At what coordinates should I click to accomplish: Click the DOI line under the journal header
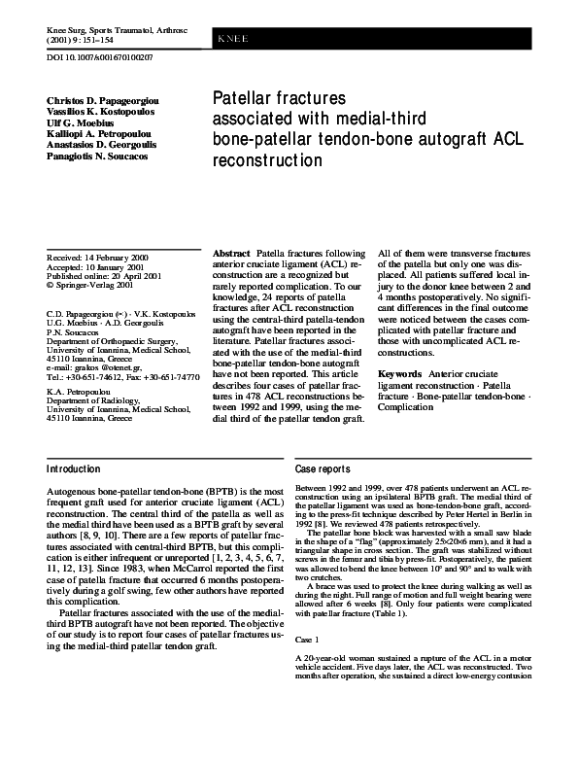99,57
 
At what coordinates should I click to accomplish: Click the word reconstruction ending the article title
266,159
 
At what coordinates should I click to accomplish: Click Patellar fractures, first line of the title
279,99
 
